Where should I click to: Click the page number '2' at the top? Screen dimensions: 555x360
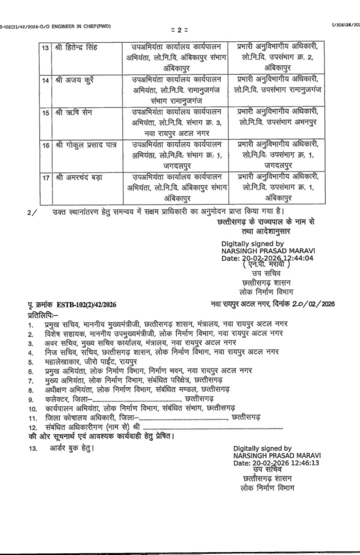click(x=179, y=29)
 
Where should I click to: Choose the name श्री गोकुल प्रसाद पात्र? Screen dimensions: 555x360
click(x=86, y=145)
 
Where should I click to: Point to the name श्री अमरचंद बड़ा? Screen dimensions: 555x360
click(x=79, y=177)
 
